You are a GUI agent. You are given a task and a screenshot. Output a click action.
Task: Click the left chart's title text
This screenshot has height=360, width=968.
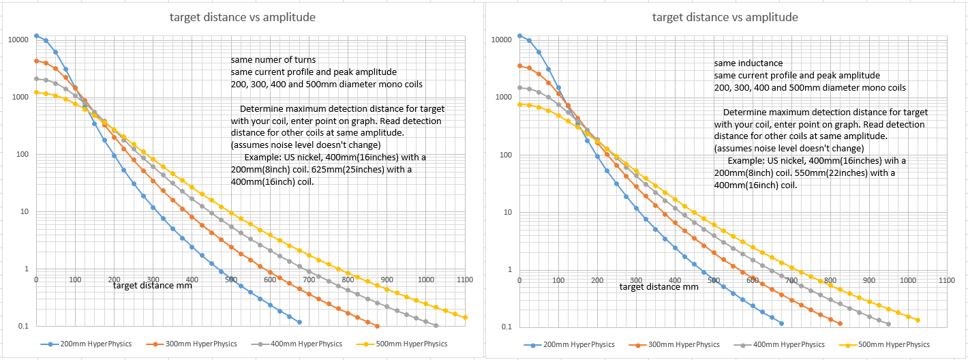(x=242, y=17)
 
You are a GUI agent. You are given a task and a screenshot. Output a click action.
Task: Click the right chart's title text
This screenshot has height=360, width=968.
(x=725, y=17)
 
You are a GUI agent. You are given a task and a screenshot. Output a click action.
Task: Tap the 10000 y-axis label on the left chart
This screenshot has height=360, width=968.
(x=18, y=40)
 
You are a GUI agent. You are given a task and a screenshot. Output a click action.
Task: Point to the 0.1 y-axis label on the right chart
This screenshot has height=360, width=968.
(x=506, y=327)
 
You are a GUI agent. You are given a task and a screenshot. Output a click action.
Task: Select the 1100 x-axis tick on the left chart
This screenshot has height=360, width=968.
(x=466, y=280)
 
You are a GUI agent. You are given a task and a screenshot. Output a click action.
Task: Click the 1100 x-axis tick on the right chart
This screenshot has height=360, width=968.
(x=946, y=280)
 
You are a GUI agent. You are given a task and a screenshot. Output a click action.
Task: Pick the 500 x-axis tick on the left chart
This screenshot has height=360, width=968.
(x=231, y=280)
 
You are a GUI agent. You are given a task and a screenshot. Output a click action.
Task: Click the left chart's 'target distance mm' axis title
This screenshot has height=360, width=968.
(x=152, y=286)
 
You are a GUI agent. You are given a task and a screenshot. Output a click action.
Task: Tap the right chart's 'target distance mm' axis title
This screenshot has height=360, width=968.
(x=659, y=286)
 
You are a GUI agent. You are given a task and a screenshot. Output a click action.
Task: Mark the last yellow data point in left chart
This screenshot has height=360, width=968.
(x=466, y=318)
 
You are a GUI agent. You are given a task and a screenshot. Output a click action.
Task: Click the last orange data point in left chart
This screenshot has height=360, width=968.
(x=377, y=326)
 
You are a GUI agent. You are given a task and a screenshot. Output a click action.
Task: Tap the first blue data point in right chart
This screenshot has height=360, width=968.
(x=519, y=36)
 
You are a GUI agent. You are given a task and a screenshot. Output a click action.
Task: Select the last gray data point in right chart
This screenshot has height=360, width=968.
(x=888, y=324)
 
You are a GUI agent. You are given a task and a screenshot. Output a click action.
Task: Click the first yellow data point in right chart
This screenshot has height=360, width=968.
(x=519, y=104)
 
